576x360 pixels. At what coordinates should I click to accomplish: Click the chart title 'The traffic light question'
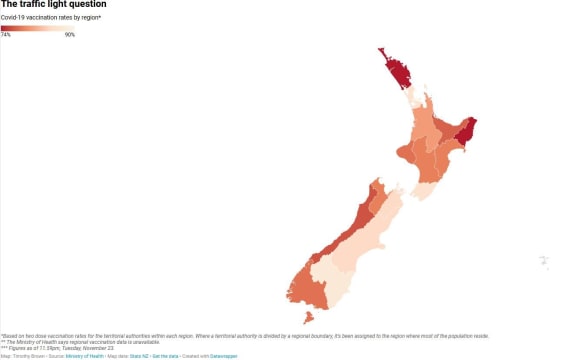click(39, 5)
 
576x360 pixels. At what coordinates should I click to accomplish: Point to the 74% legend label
click(6, 35)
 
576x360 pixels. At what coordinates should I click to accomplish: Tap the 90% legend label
click(70, 35)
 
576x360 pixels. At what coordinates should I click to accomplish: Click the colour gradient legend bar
click(38, 28)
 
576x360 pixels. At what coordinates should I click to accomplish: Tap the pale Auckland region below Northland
click(413, 98)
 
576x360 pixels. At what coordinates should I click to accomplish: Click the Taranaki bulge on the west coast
click(407, 152)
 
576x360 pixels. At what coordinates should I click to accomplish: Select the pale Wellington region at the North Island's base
click(421, 187)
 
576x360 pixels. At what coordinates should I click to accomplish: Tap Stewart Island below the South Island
click(308, 318)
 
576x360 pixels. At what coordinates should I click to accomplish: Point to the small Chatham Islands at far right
click(544, 263)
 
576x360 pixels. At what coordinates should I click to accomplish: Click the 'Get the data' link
click(165, 355)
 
